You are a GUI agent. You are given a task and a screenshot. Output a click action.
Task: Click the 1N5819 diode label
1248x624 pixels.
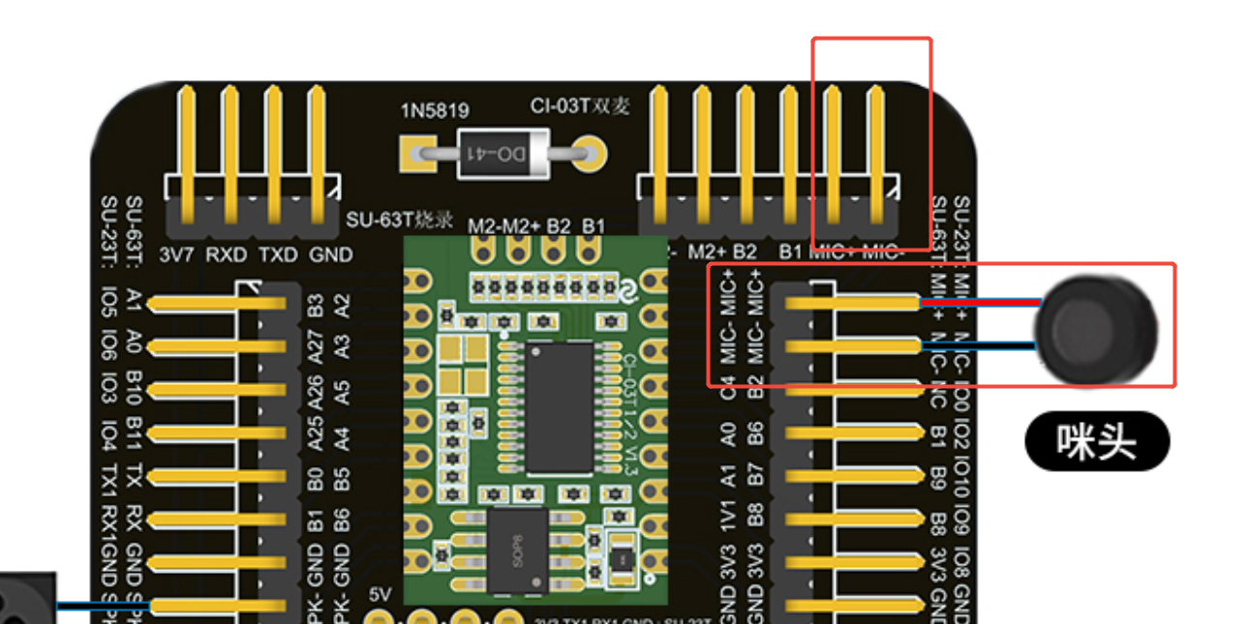point(436,111)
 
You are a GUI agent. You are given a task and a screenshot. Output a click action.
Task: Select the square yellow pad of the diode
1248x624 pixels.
point(417,153)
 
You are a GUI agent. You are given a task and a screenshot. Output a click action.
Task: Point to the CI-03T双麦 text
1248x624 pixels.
point(580,106)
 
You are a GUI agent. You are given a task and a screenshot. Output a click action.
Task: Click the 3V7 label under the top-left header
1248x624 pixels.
point(175,254)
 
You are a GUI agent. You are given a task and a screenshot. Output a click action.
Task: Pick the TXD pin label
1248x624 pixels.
point(277,254)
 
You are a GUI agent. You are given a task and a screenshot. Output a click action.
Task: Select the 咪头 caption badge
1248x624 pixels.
point(1097,442)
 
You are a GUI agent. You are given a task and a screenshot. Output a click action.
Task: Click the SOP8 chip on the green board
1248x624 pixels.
point(519,550)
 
